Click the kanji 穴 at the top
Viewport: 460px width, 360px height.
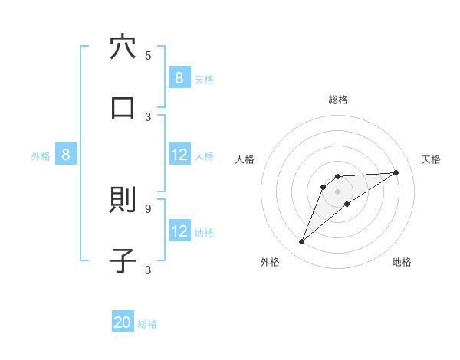click(x=123, y=47)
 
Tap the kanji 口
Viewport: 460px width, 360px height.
click(x=123, y=107)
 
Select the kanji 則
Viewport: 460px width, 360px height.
click(x=123, y=200)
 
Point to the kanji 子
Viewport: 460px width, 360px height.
click(x=123, y=260)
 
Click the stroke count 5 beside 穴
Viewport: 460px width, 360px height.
click(x=148, y=56)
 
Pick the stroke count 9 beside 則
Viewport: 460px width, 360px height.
click(x=148, y=208)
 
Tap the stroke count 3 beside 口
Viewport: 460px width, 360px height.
click(x=148, y=116)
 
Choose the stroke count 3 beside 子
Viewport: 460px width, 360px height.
click(x=148, y=270)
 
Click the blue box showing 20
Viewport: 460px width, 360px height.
click(x=123, y=323)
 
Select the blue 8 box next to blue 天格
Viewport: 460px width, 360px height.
click(x=179, y=78)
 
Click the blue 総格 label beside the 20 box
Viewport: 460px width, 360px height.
click(x=147, y=324)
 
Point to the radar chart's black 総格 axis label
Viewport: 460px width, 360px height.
click(x=338, y=100)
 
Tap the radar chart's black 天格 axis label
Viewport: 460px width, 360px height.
click(x=431, y=159)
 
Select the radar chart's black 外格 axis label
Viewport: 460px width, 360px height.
click(x=270, y=262)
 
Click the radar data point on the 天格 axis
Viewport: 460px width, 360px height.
click(x=396, y=172)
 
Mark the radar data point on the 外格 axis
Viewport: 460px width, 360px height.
click(x=301, y=242)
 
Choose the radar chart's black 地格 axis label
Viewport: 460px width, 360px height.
click(x=402, y=262)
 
